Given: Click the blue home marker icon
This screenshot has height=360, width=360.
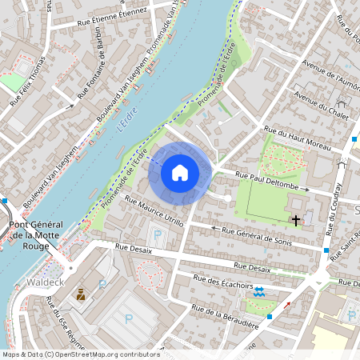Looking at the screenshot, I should pos(180,172).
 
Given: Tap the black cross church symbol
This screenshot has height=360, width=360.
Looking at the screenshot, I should pos(296,219).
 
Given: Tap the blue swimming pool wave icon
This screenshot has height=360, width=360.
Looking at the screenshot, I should pos(258,293).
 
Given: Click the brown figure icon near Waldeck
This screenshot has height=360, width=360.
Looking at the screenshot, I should pos(81,294).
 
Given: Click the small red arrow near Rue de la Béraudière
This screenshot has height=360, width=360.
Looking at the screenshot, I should pos(287,305).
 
